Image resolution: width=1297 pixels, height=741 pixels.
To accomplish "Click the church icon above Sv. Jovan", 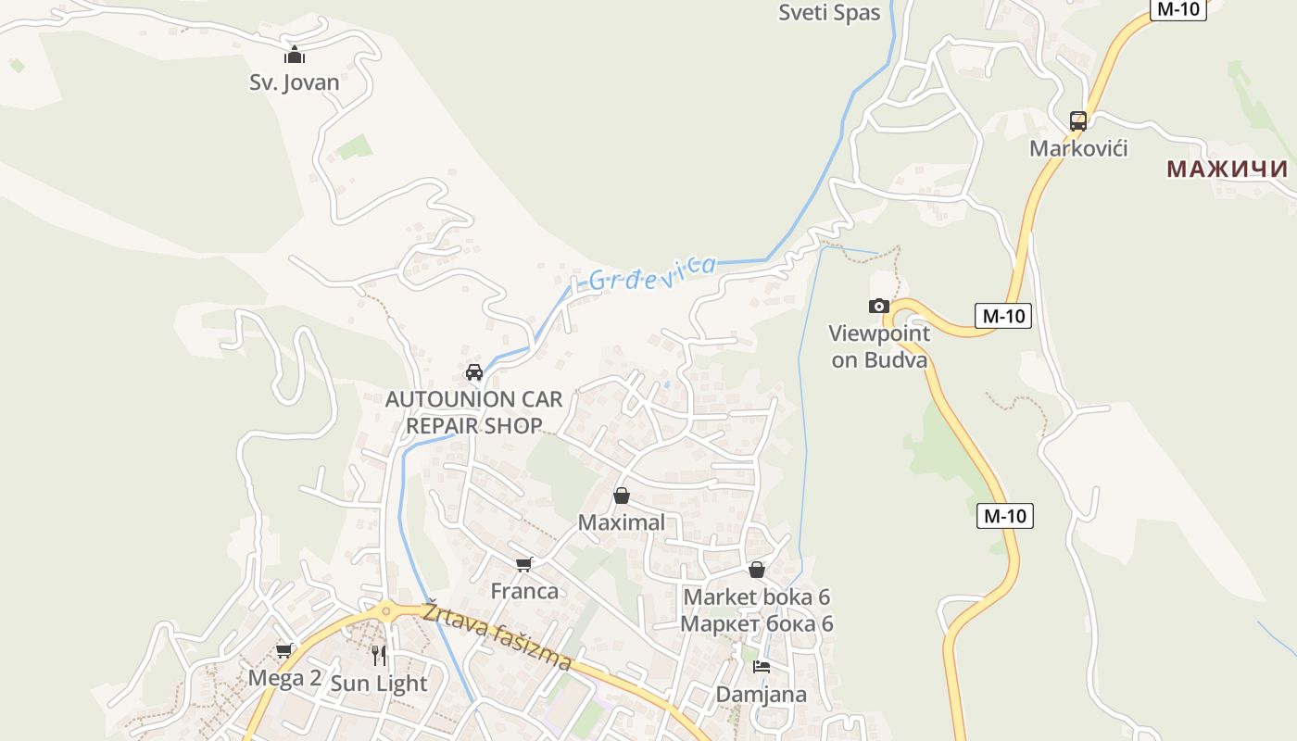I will tap(295, 56).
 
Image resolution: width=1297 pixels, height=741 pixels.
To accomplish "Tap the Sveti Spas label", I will tap(829, 13).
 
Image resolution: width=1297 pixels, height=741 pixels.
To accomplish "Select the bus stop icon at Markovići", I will tap(1078, 121).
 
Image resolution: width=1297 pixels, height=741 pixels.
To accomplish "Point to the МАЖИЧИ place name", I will tap(1227, 169).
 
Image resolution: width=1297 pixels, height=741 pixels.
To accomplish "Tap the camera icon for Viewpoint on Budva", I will tap(879, 306).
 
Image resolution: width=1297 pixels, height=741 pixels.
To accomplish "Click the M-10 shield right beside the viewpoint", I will tap(1003, 316).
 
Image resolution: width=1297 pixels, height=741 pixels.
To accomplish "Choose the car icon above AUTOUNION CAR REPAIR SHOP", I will tap(474, 372).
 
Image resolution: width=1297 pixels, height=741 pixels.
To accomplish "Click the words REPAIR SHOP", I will tap(473, 426).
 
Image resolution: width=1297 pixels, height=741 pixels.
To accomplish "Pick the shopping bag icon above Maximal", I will tap(622, 496).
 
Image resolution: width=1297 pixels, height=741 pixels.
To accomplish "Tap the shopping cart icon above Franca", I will tap(524, 564).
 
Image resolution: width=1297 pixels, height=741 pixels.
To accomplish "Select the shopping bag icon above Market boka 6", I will tap(757, 570).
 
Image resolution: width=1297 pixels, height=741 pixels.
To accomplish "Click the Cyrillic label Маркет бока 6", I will tap(757, 623).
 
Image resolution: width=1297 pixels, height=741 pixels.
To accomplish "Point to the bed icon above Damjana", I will tap(762, 666).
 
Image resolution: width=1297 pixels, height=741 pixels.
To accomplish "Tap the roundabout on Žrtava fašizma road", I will tap(384, 609).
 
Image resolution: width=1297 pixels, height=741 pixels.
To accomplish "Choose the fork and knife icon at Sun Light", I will tap(379, 656).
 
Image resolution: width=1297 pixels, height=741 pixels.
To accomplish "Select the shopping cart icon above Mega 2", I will tap(284, 651).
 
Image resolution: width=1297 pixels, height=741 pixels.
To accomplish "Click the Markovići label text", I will tap(1078, 148).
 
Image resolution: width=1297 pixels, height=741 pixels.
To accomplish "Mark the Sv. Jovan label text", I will tap(295, 82).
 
